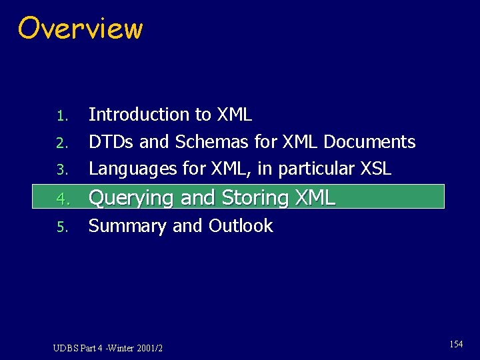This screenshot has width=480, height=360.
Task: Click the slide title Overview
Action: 80,29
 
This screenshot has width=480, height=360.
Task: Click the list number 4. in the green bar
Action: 62,199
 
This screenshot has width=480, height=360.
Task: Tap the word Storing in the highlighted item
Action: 255,198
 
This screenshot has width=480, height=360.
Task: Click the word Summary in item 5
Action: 127,226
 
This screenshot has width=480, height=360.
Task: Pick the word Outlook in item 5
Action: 241,226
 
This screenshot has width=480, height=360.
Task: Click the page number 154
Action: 456,345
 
